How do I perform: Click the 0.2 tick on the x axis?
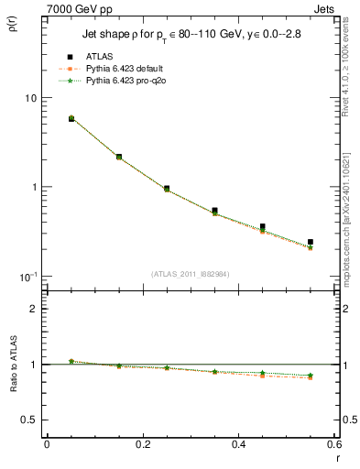[x=142, y=444]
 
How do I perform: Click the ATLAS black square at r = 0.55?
[x=311, y=242]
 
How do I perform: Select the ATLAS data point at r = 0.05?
[x=71, y=119]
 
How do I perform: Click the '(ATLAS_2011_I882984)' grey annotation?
[x=191, y=274]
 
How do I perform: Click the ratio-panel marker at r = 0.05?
[x=71, y=361]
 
